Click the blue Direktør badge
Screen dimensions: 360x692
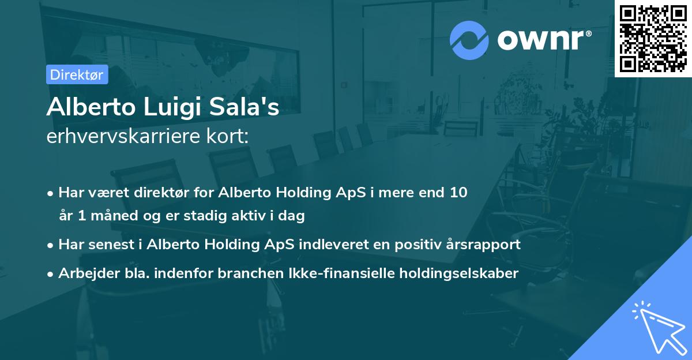77,74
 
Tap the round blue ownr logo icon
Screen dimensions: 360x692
469,40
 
